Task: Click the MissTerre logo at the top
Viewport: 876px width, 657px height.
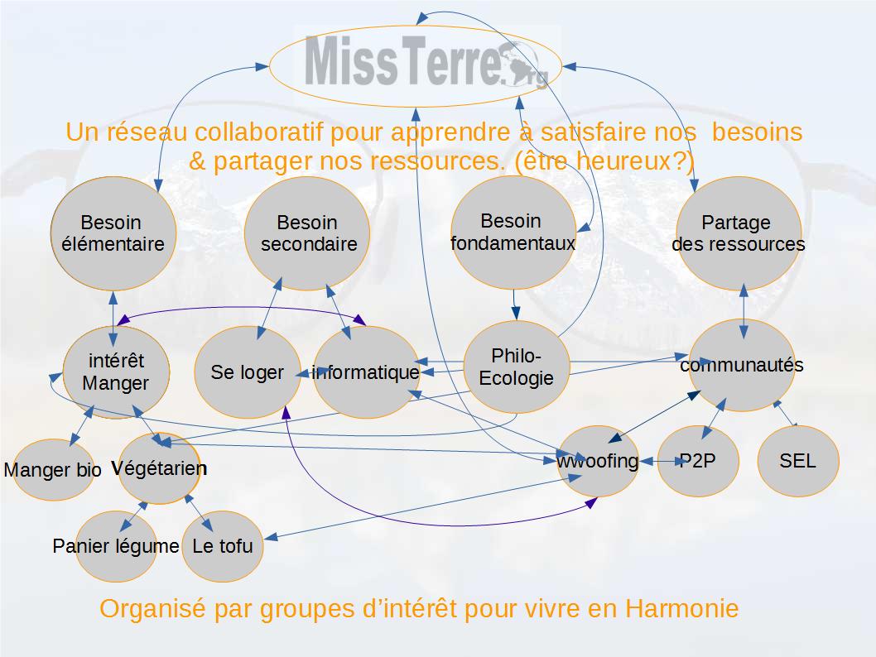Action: (415, 66)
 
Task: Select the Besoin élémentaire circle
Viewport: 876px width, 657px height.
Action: (113, 233)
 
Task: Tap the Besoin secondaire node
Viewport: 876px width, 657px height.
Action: (307, 233)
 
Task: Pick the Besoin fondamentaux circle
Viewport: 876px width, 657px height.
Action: (513, 233)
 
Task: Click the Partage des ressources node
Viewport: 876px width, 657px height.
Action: (739, 233)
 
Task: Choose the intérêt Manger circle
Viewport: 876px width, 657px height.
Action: (116, 372)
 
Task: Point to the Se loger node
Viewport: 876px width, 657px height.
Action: (248, 372)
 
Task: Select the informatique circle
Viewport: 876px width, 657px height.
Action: (367, 372)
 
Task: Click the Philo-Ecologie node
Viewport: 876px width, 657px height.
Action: (517, 367)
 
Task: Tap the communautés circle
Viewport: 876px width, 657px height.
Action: (742, 365)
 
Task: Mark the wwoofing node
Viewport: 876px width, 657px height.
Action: (599, 461)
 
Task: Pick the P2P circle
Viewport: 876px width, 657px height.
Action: (698, 461)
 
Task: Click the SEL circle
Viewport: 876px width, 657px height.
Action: (798, 461)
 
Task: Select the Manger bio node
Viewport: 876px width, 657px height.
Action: (53, 469)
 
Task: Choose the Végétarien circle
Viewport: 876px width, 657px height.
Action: (159, 468)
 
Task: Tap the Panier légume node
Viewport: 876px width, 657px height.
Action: (116, 546)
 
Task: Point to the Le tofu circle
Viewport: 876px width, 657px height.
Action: (223, 546)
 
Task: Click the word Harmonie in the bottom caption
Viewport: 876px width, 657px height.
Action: (681, 608)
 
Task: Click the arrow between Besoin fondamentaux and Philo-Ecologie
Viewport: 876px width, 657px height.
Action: (515, 305)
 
